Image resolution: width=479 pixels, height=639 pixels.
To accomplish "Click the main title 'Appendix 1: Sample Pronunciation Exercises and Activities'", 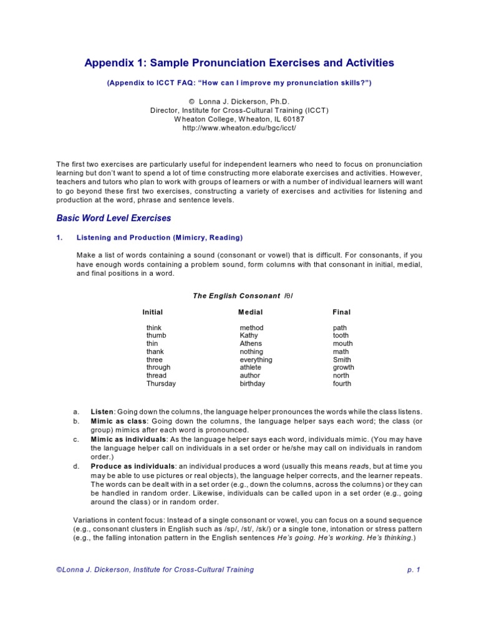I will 239,63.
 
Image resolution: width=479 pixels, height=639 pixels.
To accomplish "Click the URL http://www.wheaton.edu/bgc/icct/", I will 239,127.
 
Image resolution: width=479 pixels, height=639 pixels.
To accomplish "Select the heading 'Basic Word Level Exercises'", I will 114,218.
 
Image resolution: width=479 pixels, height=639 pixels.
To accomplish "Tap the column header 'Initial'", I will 152,312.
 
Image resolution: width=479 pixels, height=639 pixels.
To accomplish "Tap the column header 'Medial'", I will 250,312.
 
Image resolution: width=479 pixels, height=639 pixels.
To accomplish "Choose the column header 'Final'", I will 341,312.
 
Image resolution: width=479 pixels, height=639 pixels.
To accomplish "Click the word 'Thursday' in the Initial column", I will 161,384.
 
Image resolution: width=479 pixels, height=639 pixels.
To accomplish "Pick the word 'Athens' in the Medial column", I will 251,344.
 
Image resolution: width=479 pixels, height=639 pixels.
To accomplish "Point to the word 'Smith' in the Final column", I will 342,360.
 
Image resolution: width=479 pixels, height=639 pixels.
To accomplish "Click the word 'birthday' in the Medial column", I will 252,384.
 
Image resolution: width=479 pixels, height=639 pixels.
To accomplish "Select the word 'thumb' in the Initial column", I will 156,336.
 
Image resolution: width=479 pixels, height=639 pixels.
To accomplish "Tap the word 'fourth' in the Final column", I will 342,384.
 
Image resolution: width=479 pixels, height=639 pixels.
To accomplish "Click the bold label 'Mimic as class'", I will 117,421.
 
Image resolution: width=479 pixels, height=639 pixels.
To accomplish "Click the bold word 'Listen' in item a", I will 102,412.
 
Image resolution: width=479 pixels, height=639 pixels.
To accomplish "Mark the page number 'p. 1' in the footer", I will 414,570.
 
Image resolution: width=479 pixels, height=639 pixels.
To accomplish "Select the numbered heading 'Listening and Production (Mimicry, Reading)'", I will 159,238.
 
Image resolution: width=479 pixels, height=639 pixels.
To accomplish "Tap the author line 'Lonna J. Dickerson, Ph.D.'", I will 244,100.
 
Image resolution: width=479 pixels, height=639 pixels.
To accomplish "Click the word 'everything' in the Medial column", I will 256,360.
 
